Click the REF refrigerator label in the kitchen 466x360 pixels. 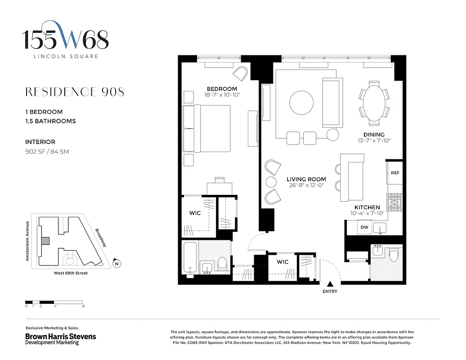[x=394, y=173]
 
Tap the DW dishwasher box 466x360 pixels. [x=364, y=228]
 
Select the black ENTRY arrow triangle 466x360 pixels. [x=330, y=284]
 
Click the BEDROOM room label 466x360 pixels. [x=222, y=89]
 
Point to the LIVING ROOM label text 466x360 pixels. [x=306, y=179]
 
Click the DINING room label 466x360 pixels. [x=374, y=135]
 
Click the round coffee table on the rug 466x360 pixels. [x=301, y=103]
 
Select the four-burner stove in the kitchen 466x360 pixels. [x=394, y=202]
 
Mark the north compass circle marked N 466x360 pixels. [x=116, y=264]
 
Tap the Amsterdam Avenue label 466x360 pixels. [x=27, y=241]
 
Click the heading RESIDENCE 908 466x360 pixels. [x=75, y=92]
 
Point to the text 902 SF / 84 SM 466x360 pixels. [x=47, y=152]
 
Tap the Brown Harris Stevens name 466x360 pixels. [x=60, y=336]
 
